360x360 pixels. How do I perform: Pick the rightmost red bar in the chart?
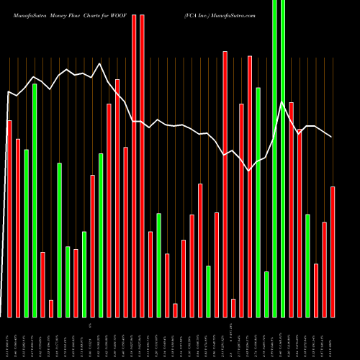pyautogui.click(x=333, y=251)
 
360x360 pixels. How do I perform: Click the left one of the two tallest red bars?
pyautogui.click(x=134, y=166)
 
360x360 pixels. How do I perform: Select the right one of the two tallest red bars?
pyautogui.click(x=143, y=166)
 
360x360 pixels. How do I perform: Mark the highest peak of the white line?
pyautogui.click(x=99, y=63)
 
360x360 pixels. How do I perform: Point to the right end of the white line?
pyautogui.click(x=332, y=137)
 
